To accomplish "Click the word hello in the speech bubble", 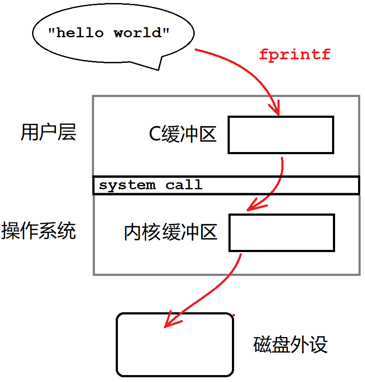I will (80, 33).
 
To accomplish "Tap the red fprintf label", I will (295, 55).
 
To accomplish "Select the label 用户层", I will (48, 132).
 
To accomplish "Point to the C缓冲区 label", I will (182, 135).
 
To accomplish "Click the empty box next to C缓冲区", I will (281, 135).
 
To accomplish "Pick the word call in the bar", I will (184, 185).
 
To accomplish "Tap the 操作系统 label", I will (39, 230).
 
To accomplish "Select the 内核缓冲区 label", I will (170, 233).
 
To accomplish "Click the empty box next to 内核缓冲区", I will (282, 233).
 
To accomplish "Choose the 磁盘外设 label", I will (290, 345).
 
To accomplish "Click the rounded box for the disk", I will (175, 345).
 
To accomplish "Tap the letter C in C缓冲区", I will (155, 135).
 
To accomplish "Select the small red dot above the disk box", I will (234, 315).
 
